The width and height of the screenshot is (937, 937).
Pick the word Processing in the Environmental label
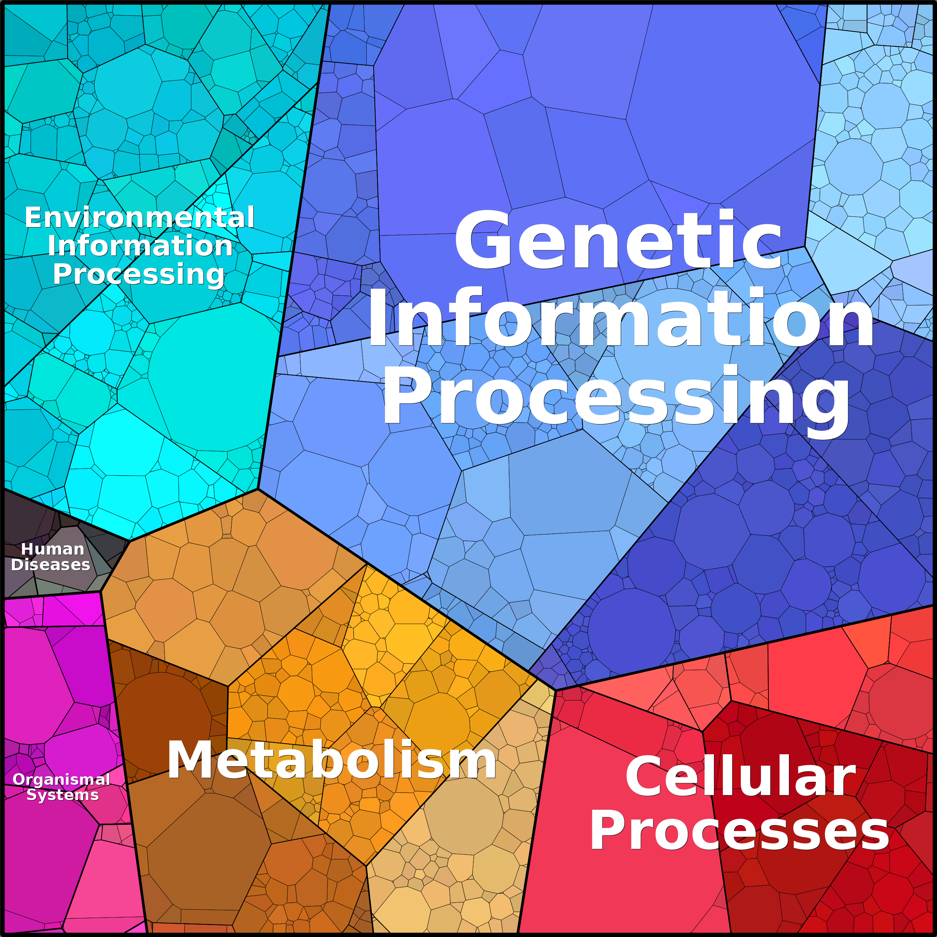click(139, 275)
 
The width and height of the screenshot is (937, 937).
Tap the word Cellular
click(740, 777)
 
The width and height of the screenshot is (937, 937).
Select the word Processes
click(740, 832)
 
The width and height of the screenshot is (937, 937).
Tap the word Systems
click(63, 795)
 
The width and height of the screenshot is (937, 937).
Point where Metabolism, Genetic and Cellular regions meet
click(556, 690)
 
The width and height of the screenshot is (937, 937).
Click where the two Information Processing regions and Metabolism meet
click(258, 489)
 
